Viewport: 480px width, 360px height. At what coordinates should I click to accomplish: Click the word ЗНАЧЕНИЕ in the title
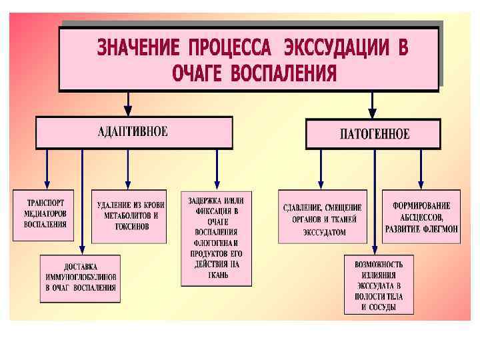tap(138, 49)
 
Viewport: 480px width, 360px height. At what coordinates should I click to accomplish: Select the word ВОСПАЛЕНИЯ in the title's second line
tap(285, 73)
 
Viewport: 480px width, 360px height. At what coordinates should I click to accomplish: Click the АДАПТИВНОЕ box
tap(133, 131)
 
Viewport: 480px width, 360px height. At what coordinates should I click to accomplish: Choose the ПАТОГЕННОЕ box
tap(374, 133)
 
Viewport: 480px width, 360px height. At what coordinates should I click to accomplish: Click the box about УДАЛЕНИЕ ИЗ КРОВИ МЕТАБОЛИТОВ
tap(128, 217)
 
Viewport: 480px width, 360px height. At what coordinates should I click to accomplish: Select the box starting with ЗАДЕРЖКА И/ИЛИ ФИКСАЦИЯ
tap(217, 238)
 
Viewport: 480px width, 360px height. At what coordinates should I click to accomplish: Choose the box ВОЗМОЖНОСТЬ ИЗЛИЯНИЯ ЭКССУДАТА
tap(379, 285)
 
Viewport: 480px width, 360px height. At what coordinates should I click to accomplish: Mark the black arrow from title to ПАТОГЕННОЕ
tap(372, 105)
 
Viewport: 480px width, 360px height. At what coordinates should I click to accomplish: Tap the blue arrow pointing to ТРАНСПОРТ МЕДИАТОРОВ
tap(46, 170)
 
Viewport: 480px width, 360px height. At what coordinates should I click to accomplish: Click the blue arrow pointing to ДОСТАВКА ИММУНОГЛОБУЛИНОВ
tap(81, 200)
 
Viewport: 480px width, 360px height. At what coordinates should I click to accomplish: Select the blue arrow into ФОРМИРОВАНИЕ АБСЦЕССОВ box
tap(421, 170)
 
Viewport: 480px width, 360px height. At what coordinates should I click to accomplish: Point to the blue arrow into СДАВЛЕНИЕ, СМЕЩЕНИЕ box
tap(321, 170)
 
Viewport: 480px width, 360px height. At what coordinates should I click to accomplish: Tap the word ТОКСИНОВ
tap(130, 227)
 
